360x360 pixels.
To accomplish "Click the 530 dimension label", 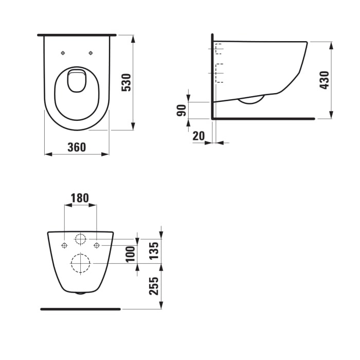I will click(x=127, y=82).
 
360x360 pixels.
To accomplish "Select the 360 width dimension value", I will click(x=77, y=147).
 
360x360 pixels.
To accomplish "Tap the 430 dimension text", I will click(x=324, y=80).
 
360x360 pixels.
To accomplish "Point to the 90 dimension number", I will click(x=182, y=110).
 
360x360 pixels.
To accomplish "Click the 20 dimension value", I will click(x=199, y=136).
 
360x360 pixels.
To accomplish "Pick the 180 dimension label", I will click(x=80, y=197).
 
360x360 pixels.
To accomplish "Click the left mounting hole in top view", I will click(x=63, y=53).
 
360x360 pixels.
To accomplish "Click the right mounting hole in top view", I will click(x=91, y=53).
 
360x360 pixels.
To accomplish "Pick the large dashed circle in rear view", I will click(x=80, y=263).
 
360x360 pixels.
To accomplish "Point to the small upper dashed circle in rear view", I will click(x=80, y=239).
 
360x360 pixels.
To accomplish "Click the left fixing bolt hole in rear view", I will click(x=64, y=245).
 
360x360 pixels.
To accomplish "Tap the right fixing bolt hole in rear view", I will click(x=96, y=245).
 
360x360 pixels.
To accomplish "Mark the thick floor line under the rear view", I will click(x=80, y=309).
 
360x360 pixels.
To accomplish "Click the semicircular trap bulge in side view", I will click(x=251, y=100).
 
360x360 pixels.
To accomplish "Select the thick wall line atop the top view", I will click(x=77, y=35).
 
